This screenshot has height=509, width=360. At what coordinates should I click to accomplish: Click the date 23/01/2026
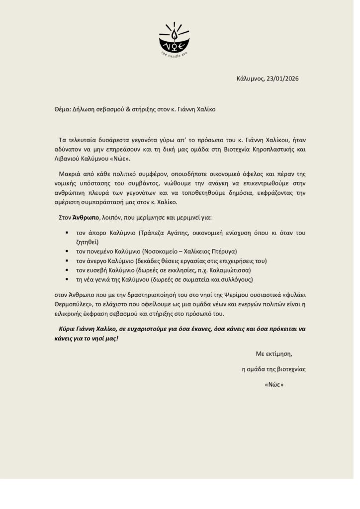point(282,78)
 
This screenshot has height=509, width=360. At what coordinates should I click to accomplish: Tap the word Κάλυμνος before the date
point(250,78)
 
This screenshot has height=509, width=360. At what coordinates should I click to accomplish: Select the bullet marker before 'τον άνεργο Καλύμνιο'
point(66,261)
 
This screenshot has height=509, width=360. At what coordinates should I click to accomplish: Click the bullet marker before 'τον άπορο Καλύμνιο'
point(66,233)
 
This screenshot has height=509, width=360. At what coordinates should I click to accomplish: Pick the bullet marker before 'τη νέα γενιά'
point(66,280)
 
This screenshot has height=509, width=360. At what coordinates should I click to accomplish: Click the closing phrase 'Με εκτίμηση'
point(273,354)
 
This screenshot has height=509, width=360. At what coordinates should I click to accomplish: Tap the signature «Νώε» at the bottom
point(274,385)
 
